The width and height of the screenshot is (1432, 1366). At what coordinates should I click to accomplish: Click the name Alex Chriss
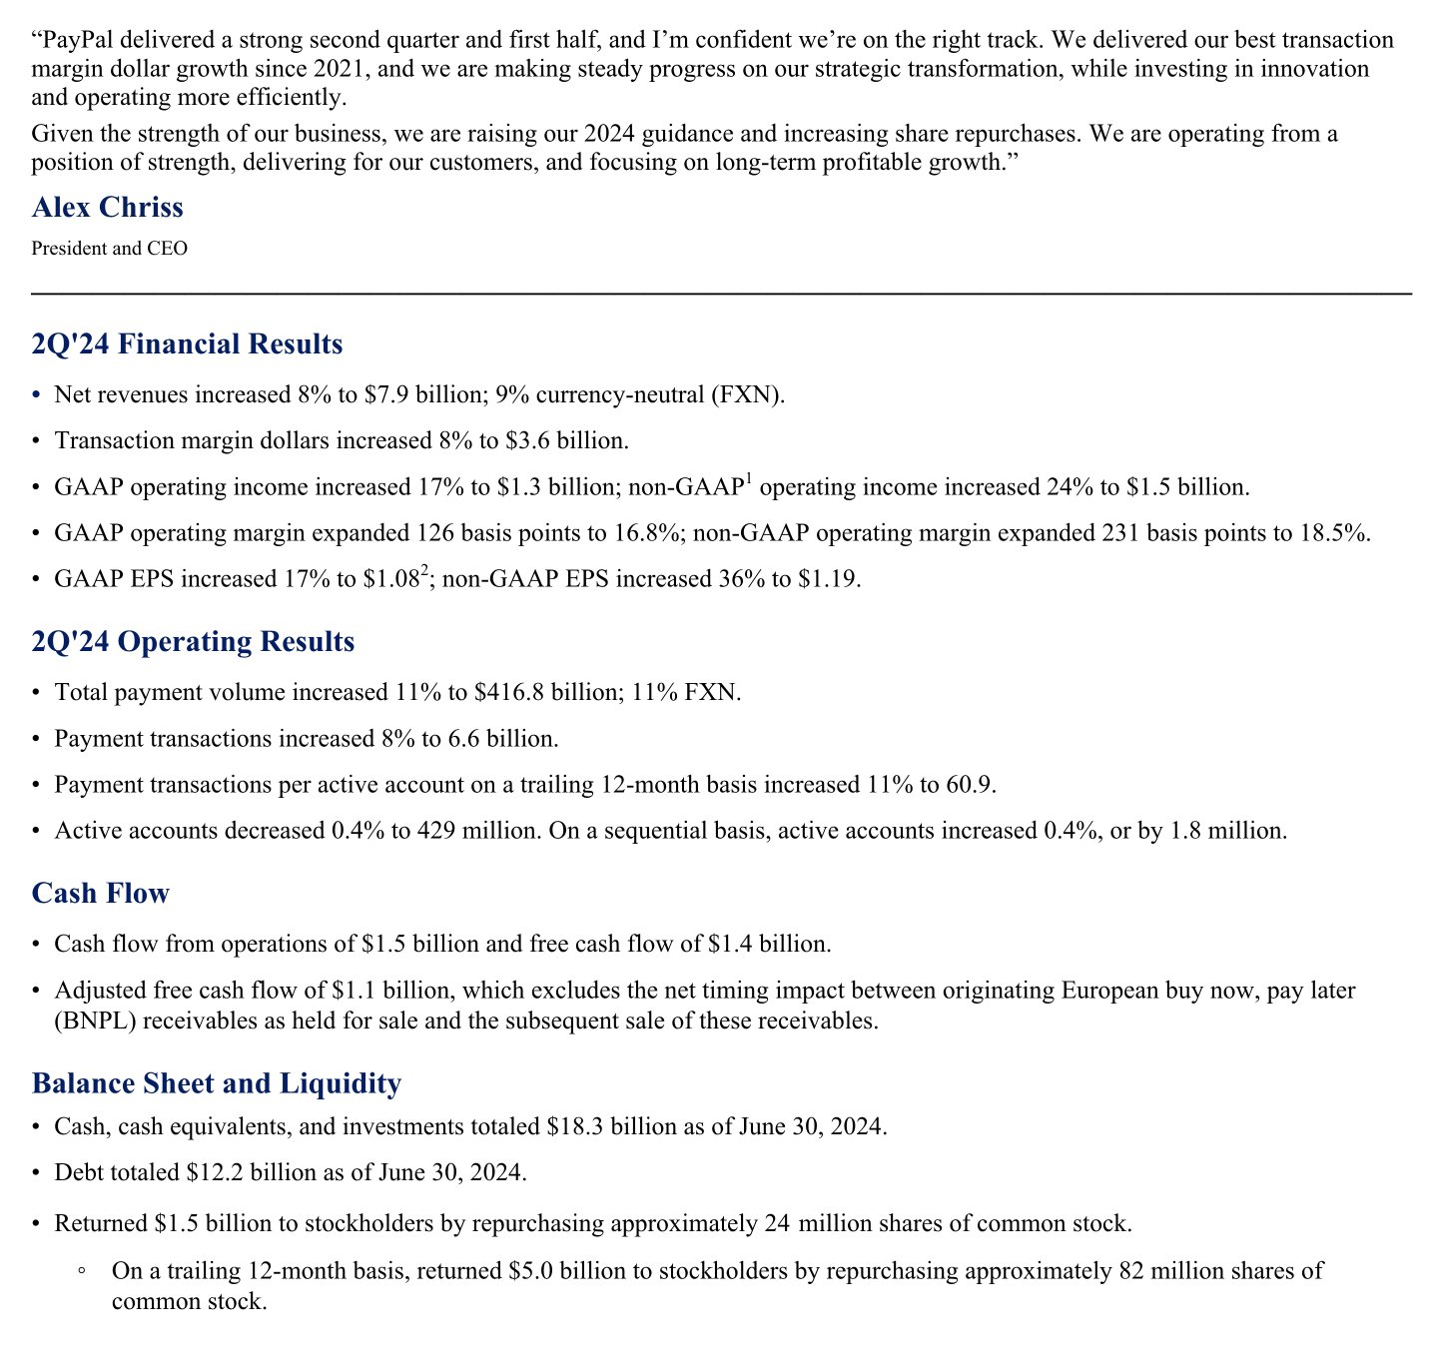tap(108, 208)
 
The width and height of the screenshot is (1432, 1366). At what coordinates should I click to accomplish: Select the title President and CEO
tap(109, 249)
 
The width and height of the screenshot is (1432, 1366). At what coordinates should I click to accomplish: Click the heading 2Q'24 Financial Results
tap(187, 344)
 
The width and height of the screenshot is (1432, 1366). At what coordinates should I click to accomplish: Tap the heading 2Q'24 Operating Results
tap(193, 641)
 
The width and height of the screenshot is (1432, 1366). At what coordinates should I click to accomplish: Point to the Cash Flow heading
tap(101, 893)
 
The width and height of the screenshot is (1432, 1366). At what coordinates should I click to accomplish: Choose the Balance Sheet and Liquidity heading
tap(217, 1083)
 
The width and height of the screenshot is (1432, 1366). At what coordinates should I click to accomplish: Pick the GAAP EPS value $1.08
tap(391, 579)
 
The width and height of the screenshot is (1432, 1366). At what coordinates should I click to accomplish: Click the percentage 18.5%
tap(1337, 533)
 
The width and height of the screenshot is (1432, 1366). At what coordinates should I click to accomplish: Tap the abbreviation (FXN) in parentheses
tap(746, 395)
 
